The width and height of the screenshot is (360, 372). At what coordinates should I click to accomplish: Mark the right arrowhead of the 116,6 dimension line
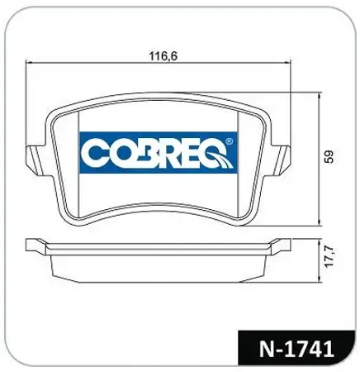pos(293,65)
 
